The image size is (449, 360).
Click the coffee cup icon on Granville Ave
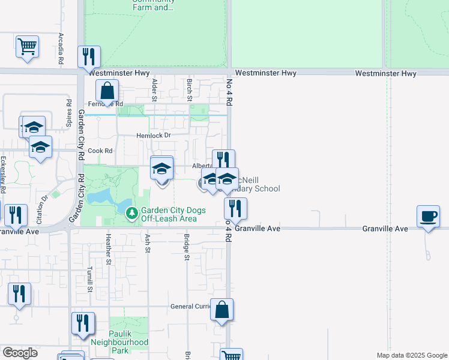coord(428,216)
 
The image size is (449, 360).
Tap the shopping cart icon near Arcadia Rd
coord(28,46)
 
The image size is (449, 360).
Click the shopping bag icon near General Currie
coord(221,310)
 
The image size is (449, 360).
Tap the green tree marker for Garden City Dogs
coord(131,212)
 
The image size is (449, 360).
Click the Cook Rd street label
coord(100,151)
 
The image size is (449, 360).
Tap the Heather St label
coord(109,249)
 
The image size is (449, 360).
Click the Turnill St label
coord(90,279)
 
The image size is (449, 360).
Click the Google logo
coord(20,353)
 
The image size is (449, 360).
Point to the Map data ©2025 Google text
coord(411,355)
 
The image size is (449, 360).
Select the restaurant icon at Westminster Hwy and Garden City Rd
coord(89,57)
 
